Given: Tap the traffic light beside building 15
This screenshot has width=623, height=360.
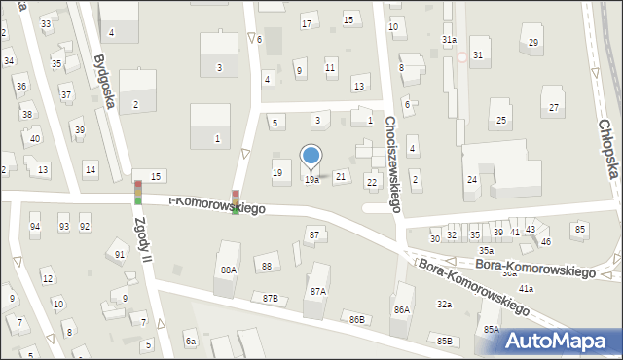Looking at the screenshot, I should click(x=138, y=193).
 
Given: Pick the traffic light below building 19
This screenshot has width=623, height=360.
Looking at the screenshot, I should click(x=236, y=201).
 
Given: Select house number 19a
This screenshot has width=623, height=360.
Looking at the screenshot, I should click(x=311, y=180).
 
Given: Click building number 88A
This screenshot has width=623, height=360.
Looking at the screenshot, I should click(x=229, y=270).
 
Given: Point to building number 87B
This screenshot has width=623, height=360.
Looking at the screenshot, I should click(x=269, y=298).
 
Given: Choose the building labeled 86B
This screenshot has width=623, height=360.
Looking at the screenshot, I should click(x=357, y=319).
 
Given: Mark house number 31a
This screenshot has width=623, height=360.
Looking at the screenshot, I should click(x=449, y=39).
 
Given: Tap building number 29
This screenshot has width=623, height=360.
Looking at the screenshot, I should click(x=533, y=42).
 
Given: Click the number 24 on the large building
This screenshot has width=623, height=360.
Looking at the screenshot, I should click(x=471, y=180).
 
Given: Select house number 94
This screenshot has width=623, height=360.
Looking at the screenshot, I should click(x=35, y=227).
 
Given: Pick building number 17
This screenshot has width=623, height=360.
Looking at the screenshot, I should click(x=307, y=23).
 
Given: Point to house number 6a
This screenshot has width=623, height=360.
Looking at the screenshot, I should click(x=192, y=342).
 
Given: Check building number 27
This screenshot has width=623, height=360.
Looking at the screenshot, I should click(x=554, y=107).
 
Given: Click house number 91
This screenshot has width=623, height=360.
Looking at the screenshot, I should click(x=120, y=255).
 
